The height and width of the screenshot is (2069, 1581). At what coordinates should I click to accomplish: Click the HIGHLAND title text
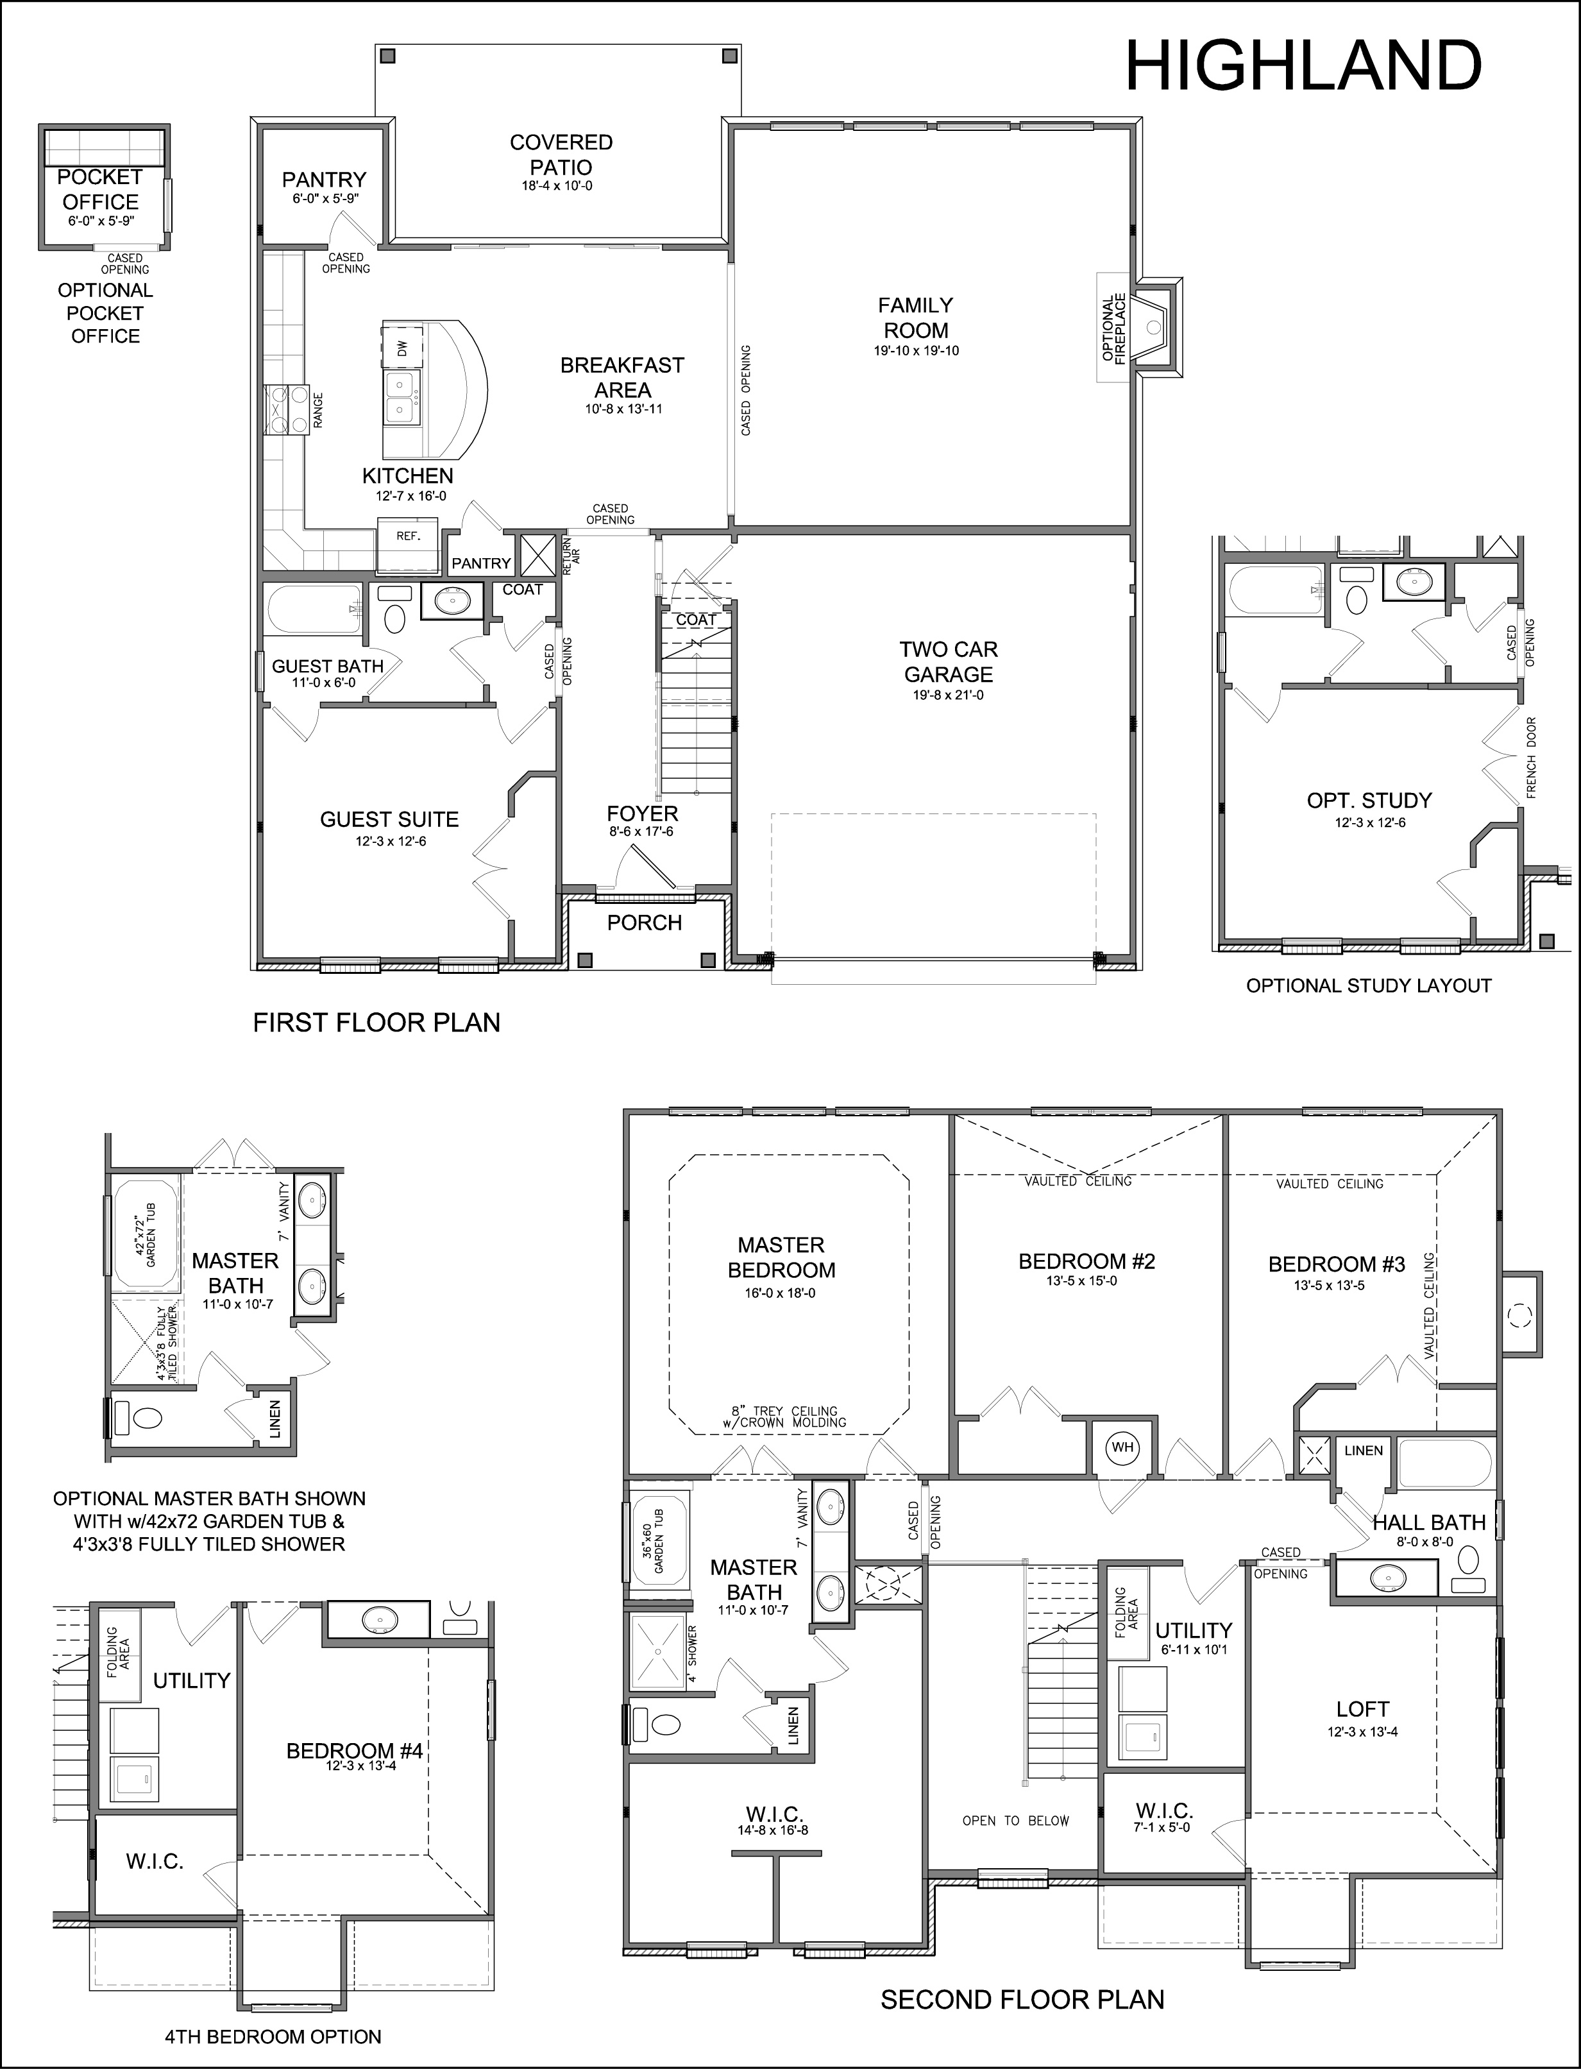pos(1303,66)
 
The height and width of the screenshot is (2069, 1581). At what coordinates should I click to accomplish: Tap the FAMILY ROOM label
pos(916,317)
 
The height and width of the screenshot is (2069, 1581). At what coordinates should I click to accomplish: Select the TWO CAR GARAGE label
pos(948,661)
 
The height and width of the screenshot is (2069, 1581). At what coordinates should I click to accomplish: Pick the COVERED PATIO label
pos(561,155)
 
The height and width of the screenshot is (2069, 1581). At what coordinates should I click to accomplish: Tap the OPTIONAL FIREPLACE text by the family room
pos(1114,328)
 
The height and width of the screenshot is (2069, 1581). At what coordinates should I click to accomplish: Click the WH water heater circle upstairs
pos(1122,1447)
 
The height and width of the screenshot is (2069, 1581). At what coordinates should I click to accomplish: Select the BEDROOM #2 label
pos(1087,1261)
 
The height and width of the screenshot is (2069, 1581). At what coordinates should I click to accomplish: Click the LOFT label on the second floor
pos(1363,1708)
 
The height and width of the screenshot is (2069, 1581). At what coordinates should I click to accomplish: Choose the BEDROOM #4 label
pos(355,1750)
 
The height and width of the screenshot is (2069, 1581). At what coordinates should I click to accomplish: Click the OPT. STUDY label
pos(1369,800)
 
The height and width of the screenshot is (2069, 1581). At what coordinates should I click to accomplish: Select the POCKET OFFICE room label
pos(100,189)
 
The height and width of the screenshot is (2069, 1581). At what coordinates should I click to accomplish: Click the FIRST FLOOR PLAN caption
pos(376,1022)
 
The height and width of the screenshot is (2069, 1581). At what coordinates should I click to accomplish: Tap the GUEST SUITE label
pos(389,819)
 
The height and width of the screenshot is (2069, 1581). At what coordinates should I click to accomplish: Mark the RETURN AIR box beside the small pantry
pos(538,554)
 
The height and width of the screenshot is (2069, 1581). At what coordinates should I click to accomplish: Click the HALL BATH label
pos(1428,1522)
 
